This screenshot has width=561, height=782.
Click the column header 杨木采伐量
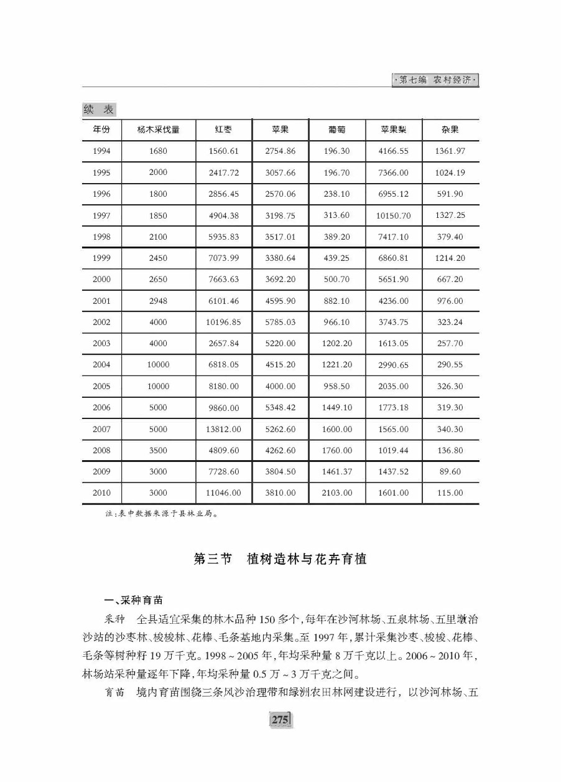pos(158,130)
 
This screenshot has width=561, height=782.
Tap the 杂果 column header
pos(450,130)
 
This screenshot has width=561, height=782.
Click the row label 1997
pos(101,215)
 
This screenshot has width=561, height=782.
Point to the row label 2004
pos(101,365)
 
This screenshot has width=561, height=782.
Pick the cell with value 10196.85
pos(223,323)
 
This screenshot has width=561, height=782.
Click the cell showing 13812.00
pos(223,430)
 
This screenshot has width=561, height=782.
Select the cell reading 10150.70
pos(394,215)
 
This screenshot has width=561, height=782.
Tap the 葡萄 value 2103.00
pos(336,493)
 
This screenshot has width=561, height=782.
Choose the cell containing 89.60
pos(450,471)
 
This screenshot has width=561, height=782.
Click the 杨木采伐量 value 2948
pos(158,301)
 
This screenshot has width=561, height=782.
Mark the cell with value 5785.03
pos(280,323)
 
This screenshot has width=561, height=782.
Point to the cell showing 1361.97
pos(450,151)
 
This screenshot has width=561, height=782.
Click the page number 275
pos(280,720)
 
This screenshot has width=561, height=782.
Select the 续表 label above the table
pos(99,110)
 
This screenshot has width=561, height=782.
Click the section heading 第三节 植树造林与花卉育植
pos(280,559)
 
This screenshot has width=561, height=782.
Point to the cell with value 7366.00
pos(394,172)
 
